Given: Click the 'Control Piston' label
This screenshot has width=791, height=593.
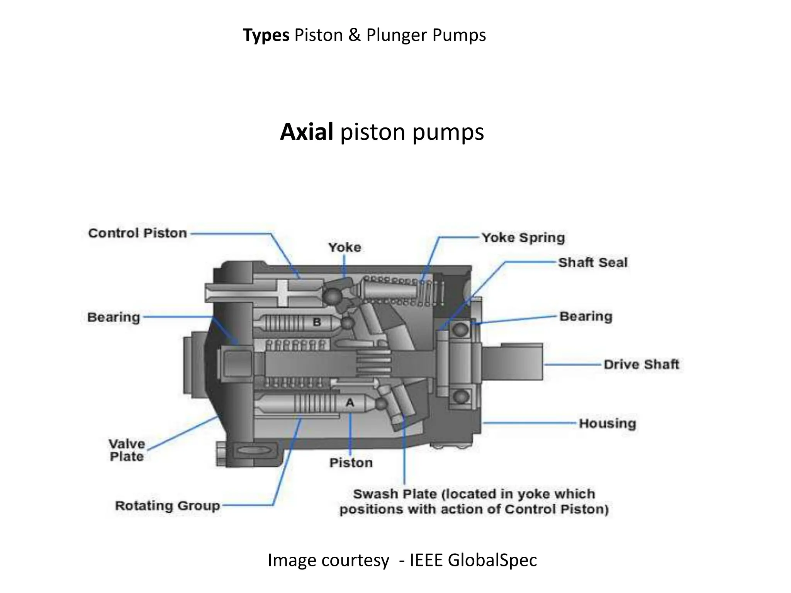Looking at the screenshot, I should pyautogui.click(x=137, y=233).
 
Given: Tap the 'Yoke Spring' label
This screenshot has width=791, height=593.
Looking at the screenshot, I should pyautogui.click(x=523, y=237).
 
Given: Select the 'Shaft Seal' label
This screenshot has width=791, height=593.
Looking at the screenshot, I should pyautogui.click(x=592, y=263).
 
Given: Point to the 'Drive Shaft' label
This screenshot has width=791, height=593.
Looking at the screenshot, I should pyautogui.click(x=641, y=364).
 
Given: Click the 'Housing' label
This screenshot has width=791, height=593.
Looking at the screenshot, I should pyautogui.click(x=607, y=423).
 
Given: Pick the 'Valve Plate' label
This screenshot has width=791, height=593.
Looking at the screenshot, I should pyautogui.click(x=127, y=450).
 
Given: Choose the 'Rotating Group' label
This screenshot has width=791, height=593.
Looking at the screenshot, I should pyautogui.click(x=167, y=505).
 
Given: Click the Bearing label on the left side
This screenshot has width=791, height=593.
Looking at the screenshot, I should pyautogui.click(x=114, y=317).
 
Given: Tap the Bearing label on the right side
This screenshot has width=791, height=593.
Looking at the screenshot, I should pyautogui.click(x=586, y=316).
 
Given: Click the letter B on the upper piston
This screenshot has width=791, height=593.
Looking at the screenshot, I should pyautogui.click(x=317, y=322).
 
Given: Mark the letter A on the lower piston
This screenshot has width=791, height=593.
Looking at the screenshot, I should pyautogui.click(x=350, y=403).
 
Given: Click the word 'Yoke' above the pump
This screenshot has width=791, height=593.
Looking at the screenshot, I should pyautogui.click(x=345, y=247).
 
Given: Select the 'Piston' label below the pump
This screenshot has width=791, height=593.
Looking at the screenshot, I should pyautogui.click(x=351, y=463).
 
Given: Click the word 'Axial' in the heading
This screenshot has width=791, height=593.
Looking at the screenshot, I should pyautogui.click(x=306, y=132).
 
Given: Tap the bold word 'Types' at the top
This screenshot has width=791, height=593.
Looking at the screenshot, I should pyautogui.click(x=266, y=35).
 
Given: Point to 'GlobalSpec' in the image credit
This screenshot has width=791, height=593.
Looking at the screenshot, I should pyautogui.click(x=492, y=560).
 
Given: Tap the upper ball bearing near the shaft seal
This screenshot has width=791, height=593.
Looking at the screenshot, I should pyautogui.click(x=460, y=329).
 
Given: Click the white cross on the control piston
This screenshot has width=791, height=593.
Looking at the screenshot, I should pyautogui.click(x=283, y=293).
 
